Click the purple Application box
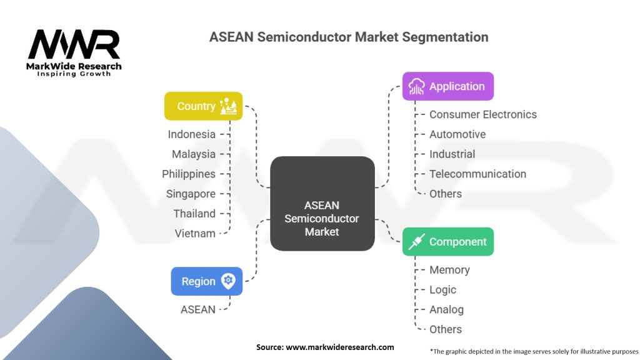pyautogui.click(x=447, y=86)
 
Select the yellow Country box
pyautogui.click(x=203, y=106)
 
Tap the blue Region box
pyautogui.click(x=206, y=281)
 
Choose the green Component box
pyautogui.click(x=447, y=242)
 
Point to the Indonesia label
pyautogui.click(x=191, y=134)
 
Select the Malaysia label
pyautogui.click(x=194, y=154)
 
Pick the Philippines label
pyautogui.click(x=189, y=174)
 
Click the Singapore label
pyautogui.click(x=191, y=194)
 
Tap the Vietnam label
pyautogui.click(x=195, y=233)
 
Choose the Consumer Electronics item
pyautogui.click(x=482, y=114)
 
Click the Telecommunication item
pyautogui.click(x=477, y=174)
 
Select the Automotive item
pyautogui.click(x=457, y=134)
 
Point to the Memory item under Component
pyautogui.click(x=449, y=270)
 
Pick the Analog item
pyautogui.click(x=446, y=309)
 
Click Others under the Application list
pyautogui.click(x=445, y=194)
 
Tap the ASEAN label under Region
pyautogui.click(x=197, y=309)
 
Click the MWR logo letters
pyautogui.click(x=74, y=45)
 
